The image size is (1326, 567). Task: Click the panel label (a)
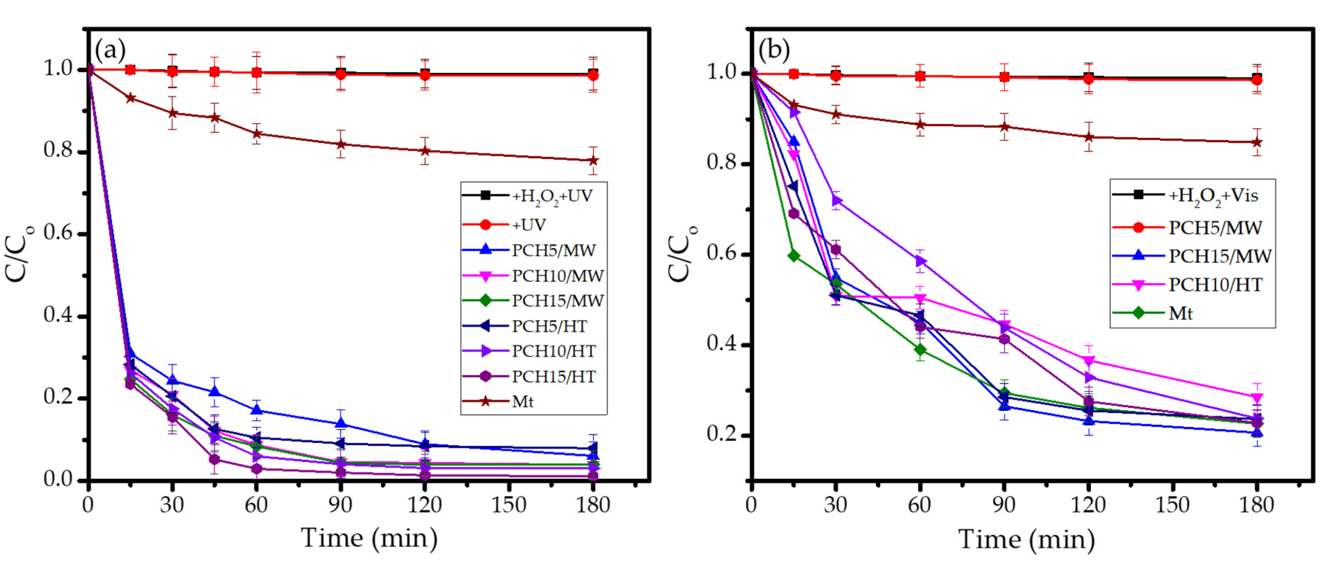(110, 50)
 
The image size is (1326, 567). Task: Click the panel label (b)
(774, 50)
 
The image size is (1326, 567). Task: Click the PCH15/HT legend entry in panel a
(553, 376)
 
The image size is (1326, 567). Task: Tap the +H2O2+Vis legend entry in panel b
(1213, 195)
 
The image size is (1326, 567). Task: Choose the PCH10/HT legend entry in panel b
(1215, 285)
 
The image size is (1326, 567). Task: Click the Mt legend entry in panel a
(523, 402)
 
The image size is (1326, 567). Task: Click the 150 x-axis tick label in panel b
(1172, 505)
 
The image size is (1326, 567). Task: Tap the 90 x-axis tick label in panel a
(340, 505)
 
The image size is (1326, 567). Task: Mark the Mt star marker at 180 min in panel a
(593, 160)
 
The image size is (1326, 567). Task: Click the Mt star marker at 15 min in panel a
(131, 98)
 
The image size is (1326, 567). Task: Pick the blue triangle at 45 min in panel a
(215, 392)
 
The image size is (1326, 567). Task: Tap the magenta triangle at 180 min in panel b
(1256, 397)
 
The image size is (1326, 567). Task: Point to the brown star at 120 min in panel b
(1088, 137)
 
